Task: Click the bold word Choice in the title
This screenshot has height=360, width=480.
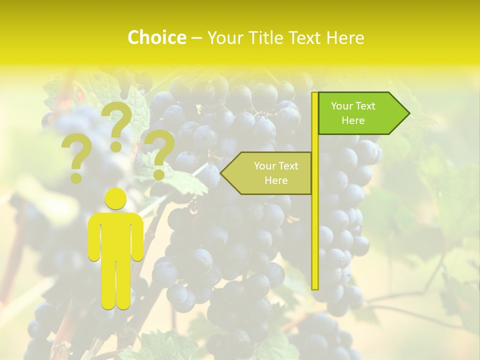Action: click(x=156, y=37)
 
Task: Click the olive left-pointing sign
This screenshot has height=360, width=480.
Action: click(x=270, y=173)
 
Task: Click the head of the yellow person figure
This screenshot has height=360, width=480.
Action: click(x=116, y=199)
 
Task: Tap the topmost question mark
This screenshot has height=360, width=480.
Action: click(x=117, y=125)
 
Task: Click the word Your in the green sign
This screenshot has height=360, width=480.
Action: click(x=342, y=106)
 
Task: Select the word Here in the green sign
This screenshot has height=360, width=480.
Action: click(x=353, y=120)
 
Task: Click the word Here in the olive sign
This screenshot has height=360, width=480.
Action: click(x=276, y=180)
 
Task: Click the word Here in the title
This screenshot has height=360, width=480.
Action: click(x=345, y=37)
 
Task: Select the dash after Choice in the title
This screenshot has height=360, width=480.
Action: click(x=196, y=38)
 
